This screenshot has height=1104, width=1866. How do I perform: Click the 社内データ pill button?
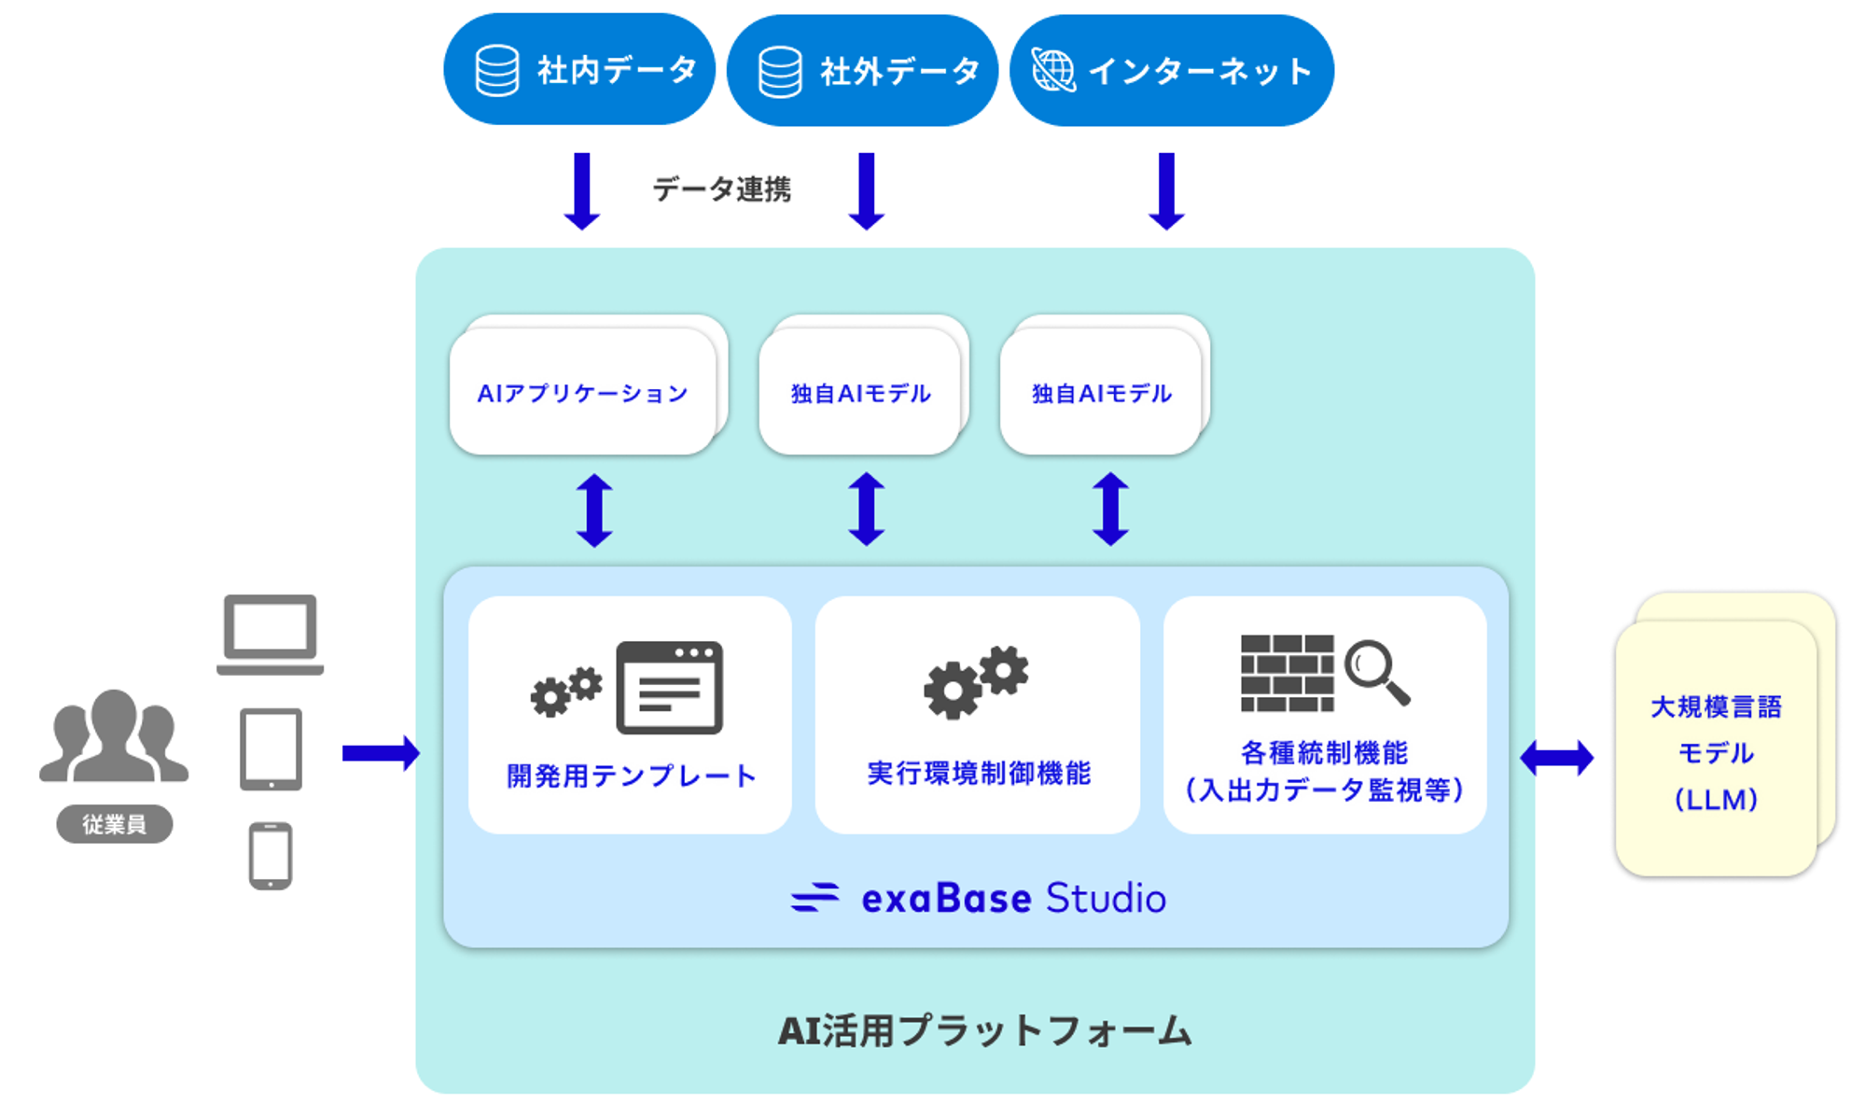click(x=579, y=69)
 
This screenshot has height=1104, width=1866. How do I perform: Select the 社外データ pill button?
click(x=862, y=70)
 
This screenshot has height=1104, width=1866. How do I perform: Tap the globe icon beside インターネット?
click(x=1053, y=70)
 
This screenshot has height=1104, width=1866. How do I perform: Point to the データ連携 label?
click(x=721, y=189)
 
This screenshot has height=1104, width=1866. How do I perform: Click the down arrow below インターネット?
click(x=1166, y=191)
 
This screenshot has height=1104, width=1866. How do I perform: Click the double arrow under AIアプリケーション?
click(x=594, y=510)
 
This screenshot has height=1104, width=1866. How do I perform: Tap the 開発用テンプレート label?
click(x=631, y=776)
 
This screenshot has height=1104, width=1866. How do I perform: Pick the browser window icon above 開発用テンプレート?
click(x=669, y=687)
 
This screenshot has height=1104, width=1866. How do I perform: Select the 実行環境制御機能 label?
click(x=979, y=773)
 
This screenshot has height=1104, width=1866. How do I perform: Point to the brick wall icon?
click(x=1288, y=673)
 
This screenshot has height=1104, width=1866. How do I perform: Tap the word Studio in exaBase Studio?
click(x=1106, y=898)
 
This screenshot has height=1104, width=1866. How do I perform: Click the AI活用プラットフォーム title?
click(x=985, y=1031)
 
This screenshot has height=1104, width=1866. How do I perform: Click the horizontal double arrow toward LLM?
click(x=1557, y=757)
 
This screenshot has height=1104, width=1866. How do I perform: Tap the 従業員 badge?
click(x=115, y=824)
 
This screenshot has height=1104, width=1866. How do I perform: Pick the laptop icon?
click(x=270, y=635)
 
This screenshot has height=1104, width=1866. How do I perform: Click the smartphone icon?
click(x=271, y=856)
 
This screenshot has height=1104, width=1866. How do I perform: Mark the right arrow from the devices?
click(x=381, y=753)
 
